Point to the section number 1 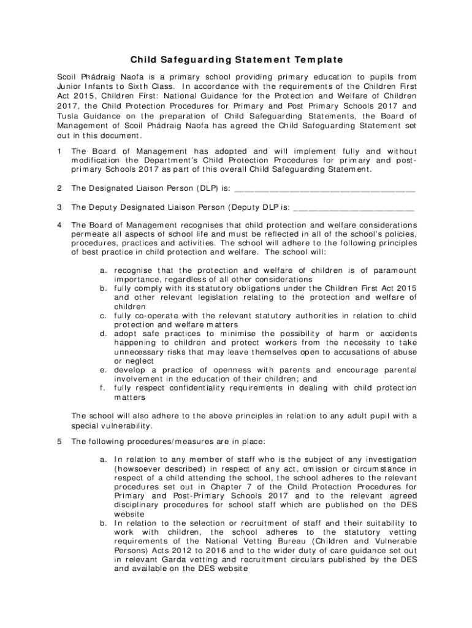pos(58,150)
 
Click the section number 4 pos(58,225)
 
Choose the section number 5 pos(58,441)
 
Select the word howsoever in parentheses pos(140,469)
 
